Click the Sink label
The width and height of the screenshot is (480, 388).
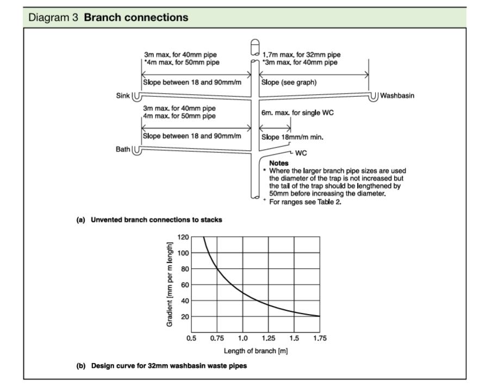click(123, 96)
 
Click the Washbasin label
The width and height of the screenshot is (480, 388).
click(397, 96)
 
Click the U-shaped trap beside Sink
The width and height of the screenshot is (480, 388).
click(136, 96)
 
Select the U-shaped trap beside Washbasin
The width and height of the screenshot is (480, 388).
click(374, 97)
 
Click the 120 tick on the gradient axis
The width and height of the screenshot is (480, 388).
click(183, 237)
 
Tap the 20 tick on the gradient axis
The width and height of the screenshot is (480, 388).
click(184, 317)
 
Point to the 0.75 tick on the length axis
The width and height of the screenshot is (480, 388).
click(217, 338)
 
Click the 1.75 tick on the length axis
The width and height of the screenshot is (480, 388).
click(320, 338)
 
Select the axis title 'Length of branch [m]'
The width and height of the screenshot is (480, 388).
click(255, 351)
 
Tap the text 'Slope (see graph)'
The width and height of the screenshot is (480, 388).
click(289, 83)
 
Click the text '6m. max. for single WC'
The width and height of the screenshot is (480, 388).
click(297, 112)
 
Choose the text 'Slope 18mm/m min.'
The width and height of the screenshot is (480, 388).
click(292, 137)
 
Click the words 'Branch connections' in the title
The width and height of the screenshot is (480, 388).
click(136, 17)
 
